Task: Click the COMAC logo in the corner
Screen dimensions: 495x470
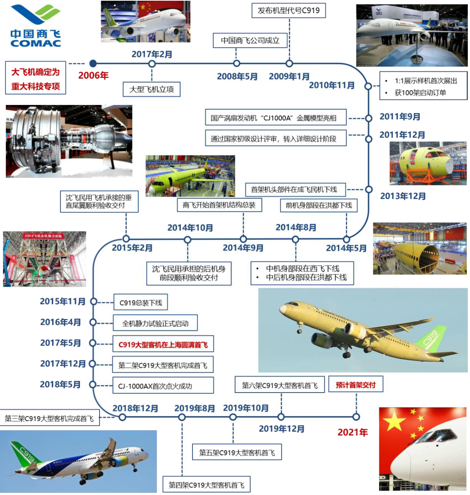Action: (x=36, y=26)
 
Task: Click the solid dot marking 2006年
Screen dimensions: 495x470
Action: (x=93, y=64)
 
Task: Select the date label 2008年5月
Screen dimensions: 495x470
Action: (x=237, y=76)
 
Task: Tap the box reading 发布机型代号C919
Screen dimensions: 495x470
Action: (x=288, y=11)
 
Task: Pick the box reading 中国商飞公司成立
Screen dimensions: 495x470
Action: (x=250, y=41)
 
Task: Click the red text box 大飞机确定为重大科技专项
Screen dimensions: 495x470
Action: (x=36, y=78)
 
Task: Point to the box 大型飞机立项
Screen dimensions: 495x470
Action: (x=152, y=89)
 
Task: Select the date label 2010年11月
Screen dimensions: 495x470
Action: (x=332, y=85)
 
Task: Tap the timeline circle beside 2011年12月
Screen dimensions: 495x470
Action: (x=369, y=139)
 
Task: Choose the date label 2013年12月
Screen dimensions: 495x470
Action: (x=403, y=196)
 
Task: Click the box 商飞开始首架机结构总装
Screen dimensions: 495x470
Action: (x=219, y=205)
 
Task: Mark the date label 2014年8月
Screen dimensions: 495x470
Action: (x=296, y=228)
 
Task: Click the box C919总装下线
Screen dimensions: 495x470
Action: (x=141, y=303)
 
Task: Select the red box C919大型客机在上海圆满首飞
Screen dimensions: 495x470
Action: (x=163, y=344)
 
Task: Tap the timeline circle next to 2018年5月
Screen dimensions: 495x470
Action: (x=93, y=385)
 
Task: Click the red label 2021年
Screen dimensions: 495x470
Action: (x=352, y=432)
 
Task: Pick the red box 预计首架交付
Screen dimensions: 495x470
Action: (x=356, y=385)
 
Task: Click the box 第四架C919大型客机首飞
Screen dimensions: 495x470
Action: (x=206, y=485)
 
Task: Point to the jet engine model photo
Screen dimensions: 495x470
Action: (x=69, y=141)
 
